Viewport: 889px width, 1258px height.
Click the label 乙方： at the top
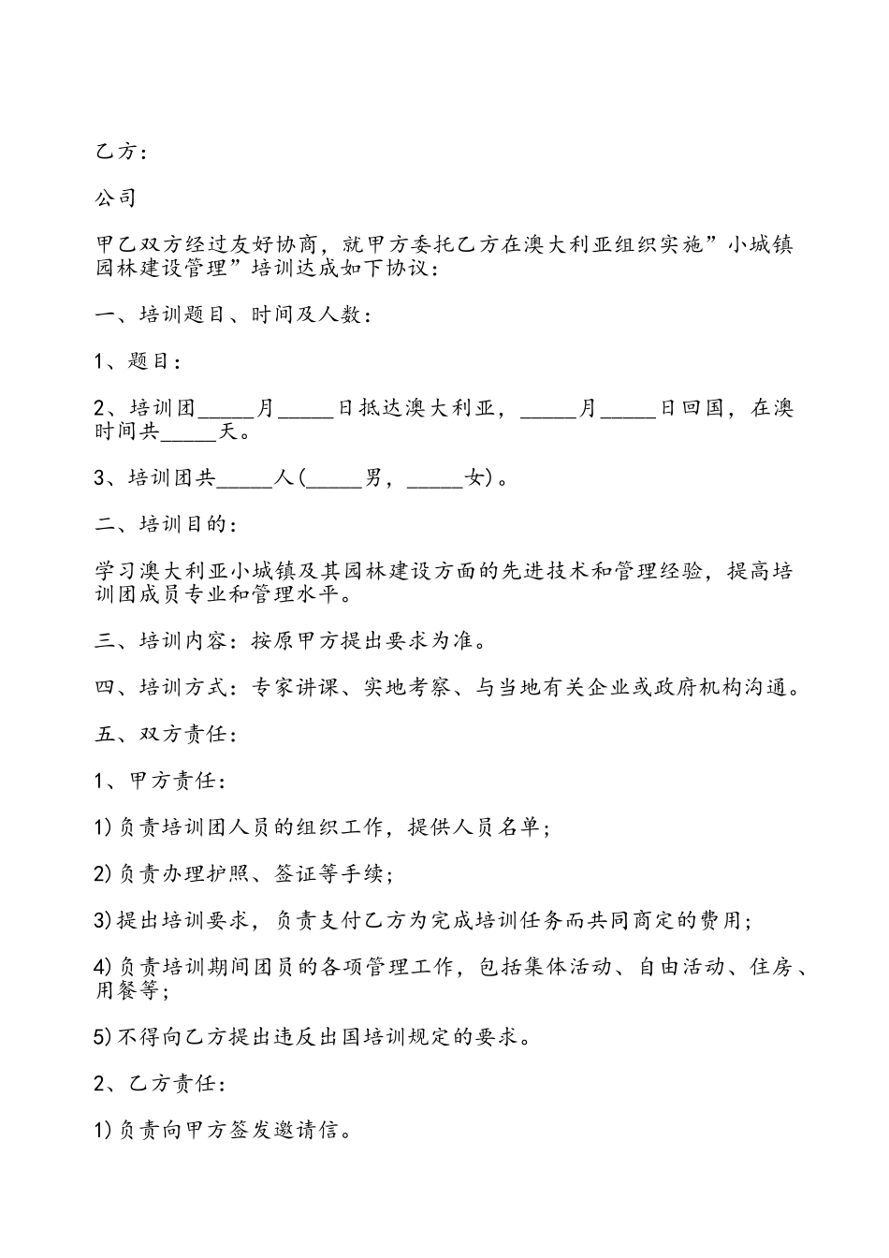pos(121,152)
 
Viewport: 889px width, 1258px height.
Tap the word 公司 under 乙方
pos(116,198)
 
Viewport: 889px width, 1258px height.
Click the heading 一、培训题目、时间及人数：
pos(234,315)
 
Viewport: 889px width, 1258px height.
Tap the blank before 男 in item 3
pos(334,478)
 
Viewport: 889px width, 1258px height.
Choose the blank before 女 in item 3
pos(436,478)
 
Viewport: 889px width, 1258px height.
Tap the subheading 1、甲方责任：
pos(160,781)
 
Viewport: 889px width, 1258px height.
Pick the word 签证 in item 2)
pos(297,874)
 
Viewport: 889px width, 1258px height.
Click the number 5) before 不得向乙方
pos(104,1037)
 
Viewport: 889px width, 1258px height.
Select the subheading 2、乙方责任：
pos(160,1084)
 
